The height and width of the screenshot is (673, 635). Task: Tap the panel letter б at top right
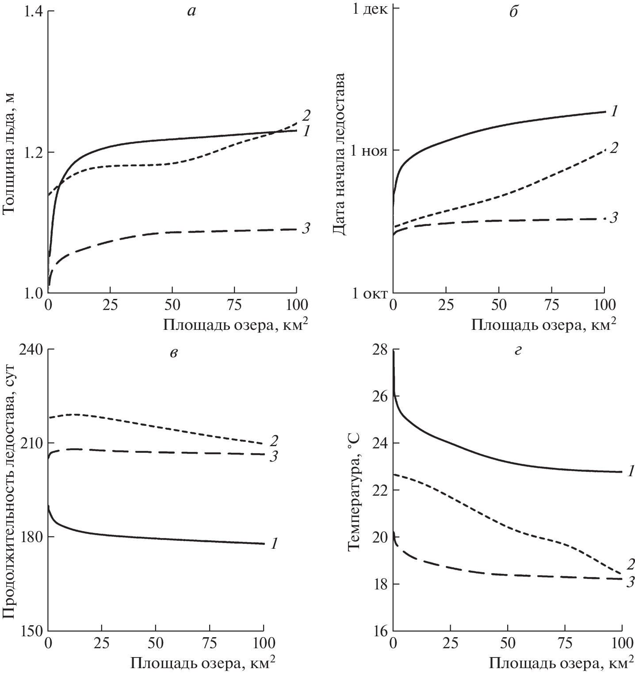513,12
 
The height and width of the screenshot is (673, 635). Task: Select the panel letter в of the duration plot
174,352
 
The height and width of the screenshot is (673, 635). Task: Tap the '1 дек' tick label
368,9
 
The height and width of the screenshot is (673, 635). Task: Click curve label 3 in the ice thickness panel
306,228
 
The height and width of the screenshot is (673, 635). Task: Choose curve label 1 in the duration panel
274,544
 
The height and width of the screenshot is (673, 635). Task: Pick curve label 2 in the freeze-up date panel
613,148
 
